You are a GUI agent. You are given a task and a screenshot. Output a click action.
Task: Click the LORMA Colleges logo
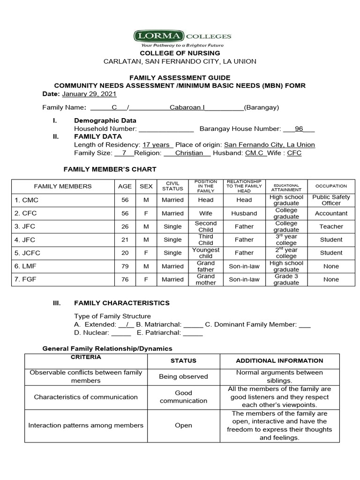pyautogui.click(x=182, y=38)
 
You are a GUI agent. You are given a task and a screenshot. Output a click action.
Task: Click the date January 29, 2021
pyautogui.click(x=89, y=94)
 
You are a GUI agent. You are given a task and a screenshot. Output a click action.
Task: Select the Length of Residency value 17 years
pyautogui.click(x=157, y=145)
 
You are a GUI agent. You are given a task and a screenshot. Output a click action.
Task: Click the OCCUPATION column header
pyautogui.click(x=331, y=186)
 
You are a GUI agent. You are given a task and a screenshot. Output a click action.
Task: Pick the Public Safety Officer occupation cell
pyautogui.click(x=331, y=200)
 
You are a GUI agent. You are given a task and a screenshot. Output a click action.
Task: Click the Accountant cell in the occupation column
pyautogui.click(x=331, y=213)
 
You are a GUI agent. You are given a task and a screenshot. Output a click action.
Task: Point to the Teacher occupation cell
pyautogui.click(x=331, y=226)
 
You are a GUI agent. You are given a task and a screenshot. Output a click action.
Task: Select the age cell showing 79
pyautogui.click(x=125, y=266)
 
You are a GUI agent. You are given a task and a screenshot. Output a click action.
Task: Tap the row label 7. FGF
pyautogui.click(x=27, y=279)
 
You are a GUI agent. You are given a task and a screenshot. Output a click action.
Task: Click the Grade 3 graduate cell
pyautogui.click(x=286, y=279)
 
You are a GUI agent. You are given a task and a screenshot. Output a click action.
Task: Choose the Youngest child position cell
pyautogui.click(x=205, y=253)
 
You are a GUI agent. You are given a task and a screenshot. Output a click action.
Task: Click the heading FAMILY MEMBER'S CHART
pyautogui.click(x=110, y=169)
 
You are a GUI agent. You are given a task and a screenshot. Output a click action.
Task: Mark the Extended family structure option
pyautogui.click(x=127, y=324)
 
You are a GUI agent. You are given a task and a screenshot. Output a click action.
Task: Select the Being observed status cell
pyautogui.click(x=183, y=376)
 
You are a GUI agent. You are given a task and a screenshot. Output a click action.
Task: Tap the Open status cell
pyautogui.click(x=183, y=426)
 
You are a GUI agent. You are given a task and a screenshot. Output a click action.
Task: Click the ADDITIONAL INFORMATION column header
pyautogui.click(x=279, y=360)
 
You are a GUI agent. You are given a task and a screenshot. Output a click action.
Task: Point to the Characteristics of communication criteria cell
pyautogui.click(x=86, y=397)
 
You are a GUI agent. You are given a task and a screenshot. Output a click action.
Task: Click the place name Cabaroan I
pyautogui.click(x=187, y=107)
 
